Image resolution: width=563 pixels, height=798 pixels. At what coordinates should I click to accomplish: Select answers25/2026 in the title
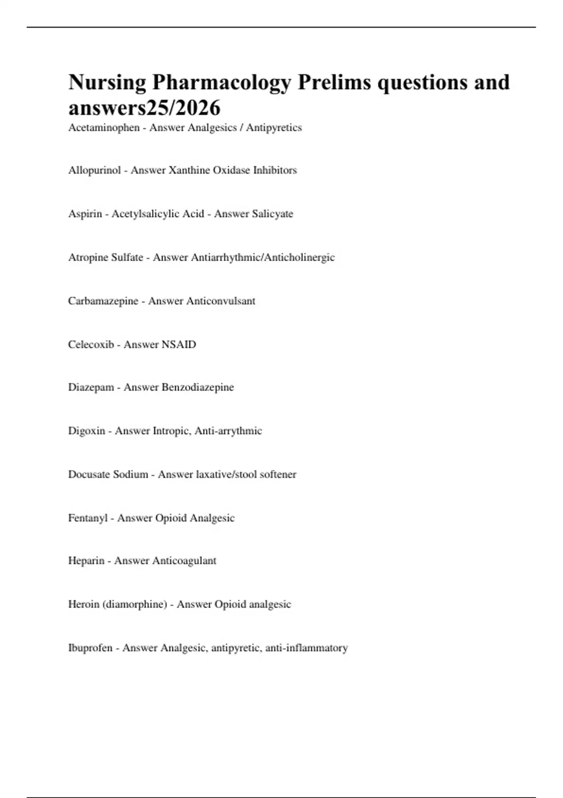(x=145, y=108)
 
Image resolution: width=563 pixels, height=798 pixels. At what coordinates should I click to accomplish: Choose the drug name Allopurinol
(x=94, y=170)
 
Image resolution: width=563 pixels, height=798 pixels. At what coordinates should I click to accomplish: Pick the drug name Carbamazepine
(x=103, y=301)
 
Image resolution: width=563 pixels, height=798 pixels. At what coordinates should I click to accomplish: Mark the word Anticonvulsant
(x=221, y=301)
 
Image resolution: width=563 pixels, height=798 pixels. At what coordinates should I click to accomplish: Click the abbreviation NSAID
(x=179, y=345)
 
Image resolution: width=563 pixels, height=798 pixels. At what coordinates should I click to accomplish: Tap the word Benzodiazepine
(x=198, y=387)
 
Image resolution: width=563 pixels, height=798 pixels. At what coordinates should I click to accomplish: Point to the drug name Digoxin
(x=87, y=431)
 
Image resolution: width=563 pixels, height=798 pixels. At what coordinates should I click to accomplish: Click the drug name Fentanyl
(x=88, y=518)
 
